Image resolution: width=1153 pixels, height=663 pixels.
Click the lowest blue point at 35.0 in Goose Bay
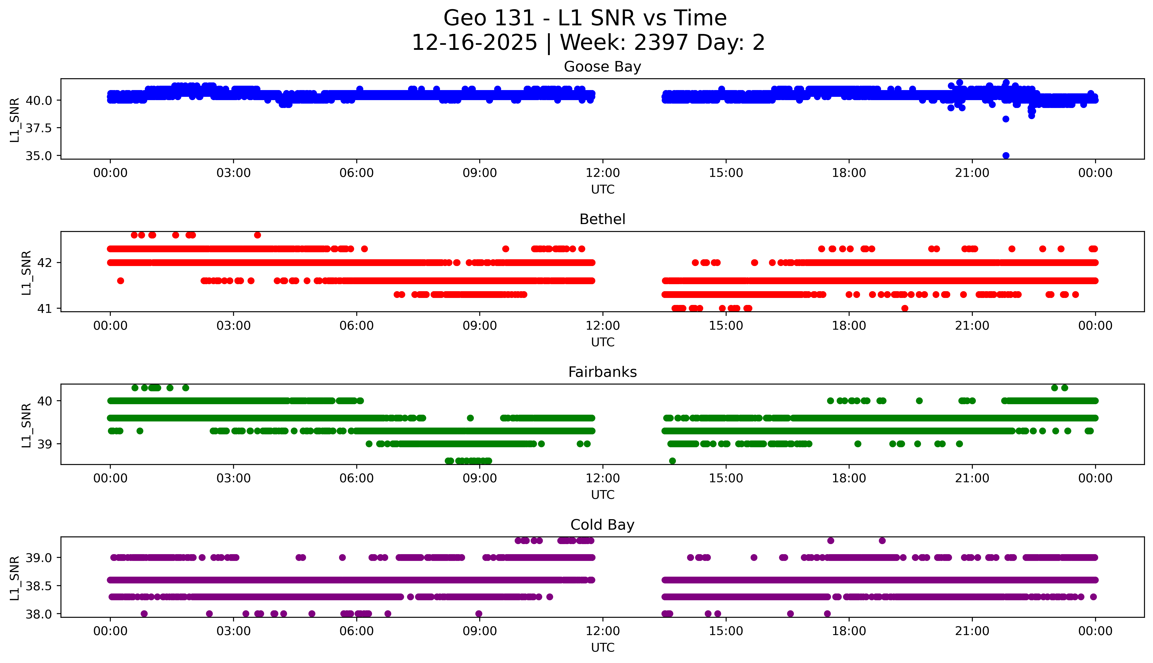(x=1006, y=155)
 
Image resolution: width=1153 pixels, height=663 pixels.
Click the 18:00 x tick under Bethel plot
(x=849, y=325)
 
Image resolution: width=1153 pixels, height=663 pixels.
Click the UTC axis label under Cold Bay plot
(x=602, y=647)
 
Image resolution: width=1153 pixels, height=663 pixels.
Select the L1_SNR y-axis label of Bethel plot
(x=26, y=272)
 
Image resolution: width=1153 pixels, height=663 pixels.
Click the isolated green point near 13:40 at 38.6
(x=672, y=461)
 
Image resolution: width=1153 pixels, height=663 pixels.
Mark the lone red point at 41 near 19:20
(x=905, y=308)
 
